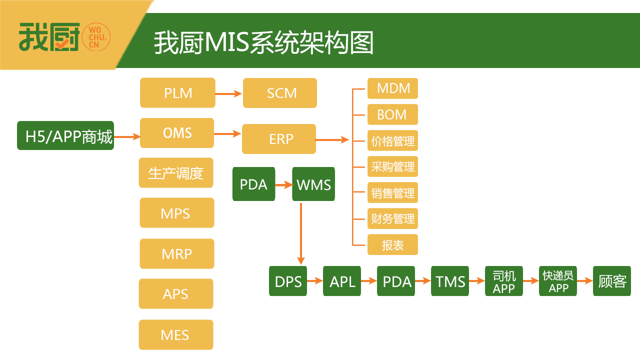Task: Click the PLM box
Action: tap(177, 93)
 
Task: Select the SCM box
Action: tap(280, 93)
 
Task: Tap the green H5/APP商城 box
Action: tap(65, 135)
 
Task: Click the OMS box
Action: tap(177, 133)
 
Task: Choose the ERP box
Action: tap(279, 139)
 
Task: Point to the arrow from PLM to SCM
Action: tap(228, 93)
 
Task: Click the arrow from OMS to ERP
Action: tap(227, 133)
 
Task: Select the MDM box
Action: tap(392, 88)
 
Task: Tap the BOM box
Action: tap(392, 114)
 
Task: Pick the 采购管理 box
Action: tap(392, 166)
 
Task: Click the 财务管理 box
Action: tap(392, 219)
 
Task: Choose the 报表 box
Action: tap(392, 245)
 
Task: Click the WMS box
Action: tap(313, 184)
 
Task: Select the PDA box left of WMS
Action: tap(253, 184)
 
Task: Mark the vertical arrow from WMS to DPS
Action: tap(300, 232)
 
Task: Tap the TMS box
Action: tap(450, 281)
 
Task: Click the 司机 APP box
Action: tap(504, 281)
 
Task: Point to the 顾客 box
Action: tap(612, 281)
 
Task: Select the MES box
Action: tap(176, 335)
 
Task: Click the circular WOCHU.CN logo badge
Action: tap(96, 36)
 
